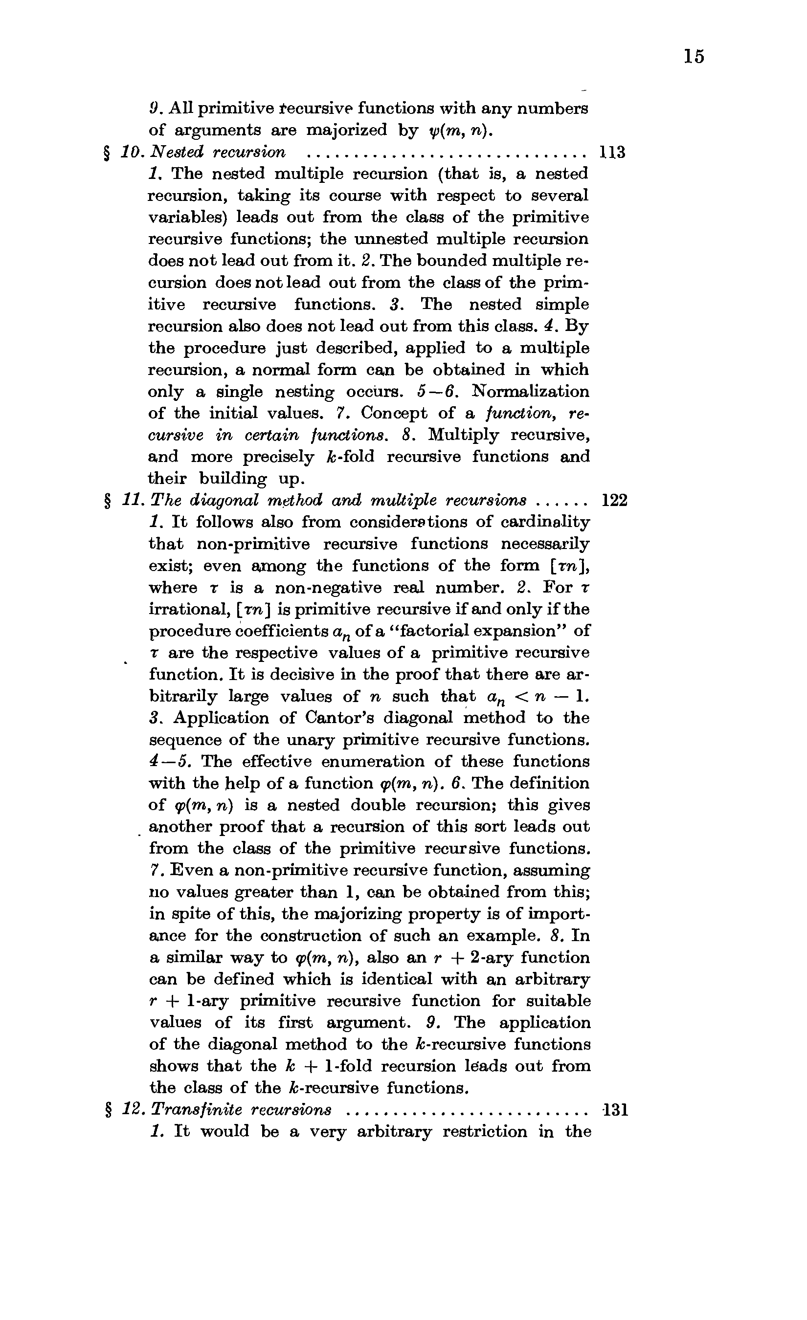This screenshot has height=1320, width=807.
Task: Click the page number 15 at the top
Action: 694,56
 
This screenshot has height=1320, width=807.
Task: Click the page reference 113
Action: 611,153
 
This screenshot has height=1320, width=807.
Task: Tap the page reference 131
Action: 615,1109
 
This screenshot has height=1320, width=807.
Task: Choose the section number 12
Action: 131,1109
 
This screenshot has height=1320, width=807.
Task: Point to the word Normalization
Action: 530,392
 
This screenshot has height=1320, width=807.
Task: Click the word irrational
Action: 183,610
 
